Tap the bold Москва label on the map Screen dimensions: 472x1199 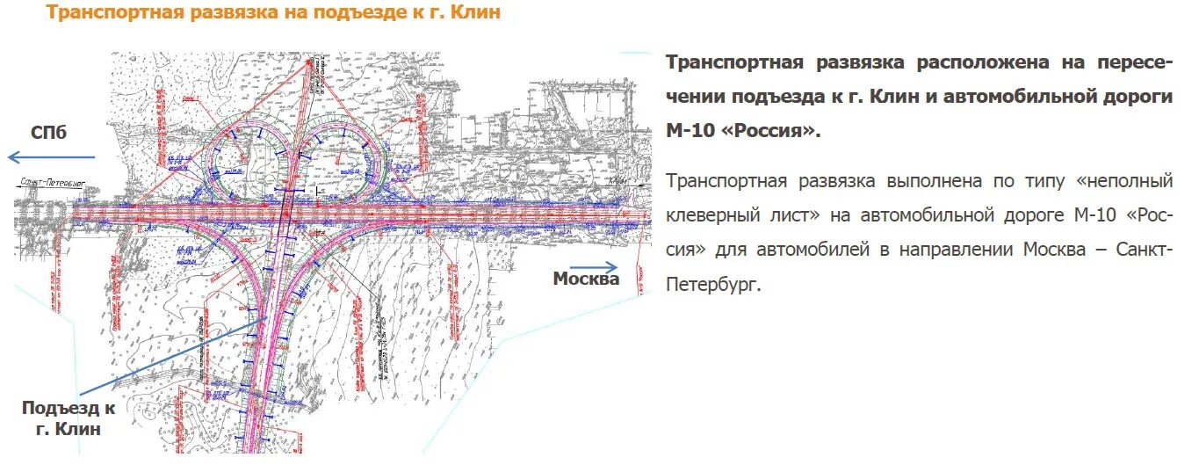click(x=586, y=279)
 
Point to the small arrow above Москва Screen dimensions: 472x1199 click(x=594, y=265)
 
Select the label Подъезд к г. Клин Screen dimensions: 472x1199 click(x=69, y=418)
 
